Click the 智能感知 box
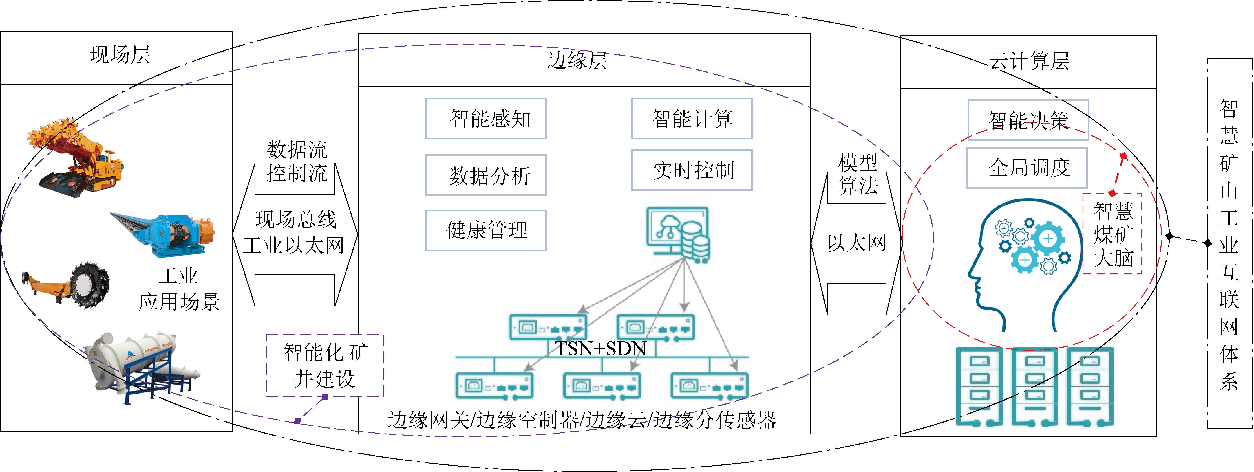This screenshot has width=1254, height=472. click(x=486, y=119)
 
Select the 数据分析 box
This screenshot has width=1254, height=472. click(x=486, y=175)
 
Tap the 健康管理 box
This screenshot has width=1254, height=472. click(x=486, y=230)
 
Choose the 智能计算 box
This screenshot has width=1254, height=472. click(x=692, y=119)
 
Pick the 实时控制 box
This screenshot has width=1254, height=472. click(x=692, y=170)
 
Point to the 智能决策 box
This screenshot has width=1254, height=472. click(x=1028, y=120)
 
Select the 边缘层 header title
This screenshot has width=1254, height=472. click(x=577, y=60)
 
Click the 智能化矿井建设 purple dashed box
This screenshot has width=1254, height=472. click(x=325, y=366)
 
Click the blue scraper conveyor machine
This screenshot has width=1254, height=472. click(x=166, y=234)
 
